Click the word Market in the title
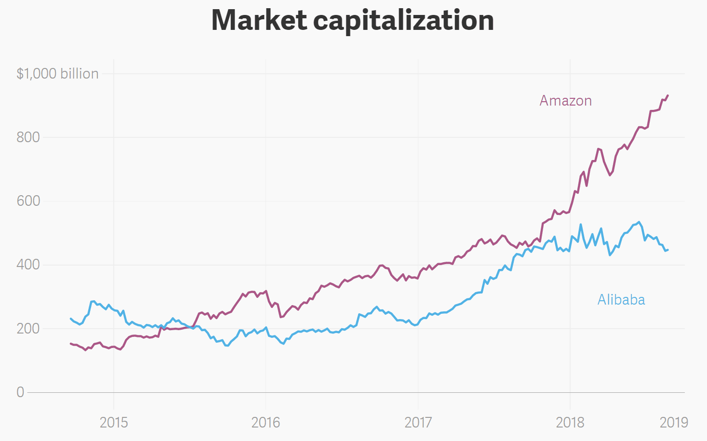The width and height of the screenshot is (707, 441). point(259,20)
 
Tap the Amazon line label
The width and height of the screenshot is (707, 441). point(565,101)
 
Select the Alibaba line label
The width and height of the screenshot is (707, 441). point(621,300)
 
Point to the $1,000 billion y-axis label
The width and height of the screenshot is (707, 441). point(57,74)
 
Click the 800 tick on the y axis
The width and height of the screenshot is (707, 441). point(28,137)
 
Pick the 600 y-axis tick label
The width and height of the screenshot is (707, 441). point(28,201)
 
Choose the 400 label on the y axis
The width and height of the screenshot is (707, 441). point(28,265)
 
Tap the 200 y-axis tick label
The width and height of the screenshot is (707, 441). point(28,328)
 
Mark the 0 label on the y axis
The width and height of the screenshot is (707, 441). point(20,392)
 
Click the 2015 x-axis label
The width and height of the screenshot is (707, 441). point(114,423)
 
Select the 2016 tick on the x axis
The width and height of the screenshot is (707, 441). point(266,423)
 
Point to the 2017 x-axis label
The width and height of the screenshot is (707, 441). point(418,423)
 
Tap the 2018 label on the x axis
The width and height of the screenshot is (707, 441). point(570,423)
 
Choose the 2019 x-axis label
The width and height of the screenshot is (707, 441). point(674,423)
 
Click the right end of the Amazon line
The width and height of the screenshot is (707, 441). point(668,95)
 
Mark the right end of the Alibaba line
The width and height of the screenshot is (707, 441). point(668,250)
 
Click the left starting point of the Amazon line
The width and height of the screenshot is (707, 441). point(71,344)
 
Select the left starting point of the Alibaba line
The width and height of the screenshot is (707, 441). point(71,319)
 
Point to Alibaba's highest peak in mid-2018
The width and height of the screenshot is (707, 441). point(639,222)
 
